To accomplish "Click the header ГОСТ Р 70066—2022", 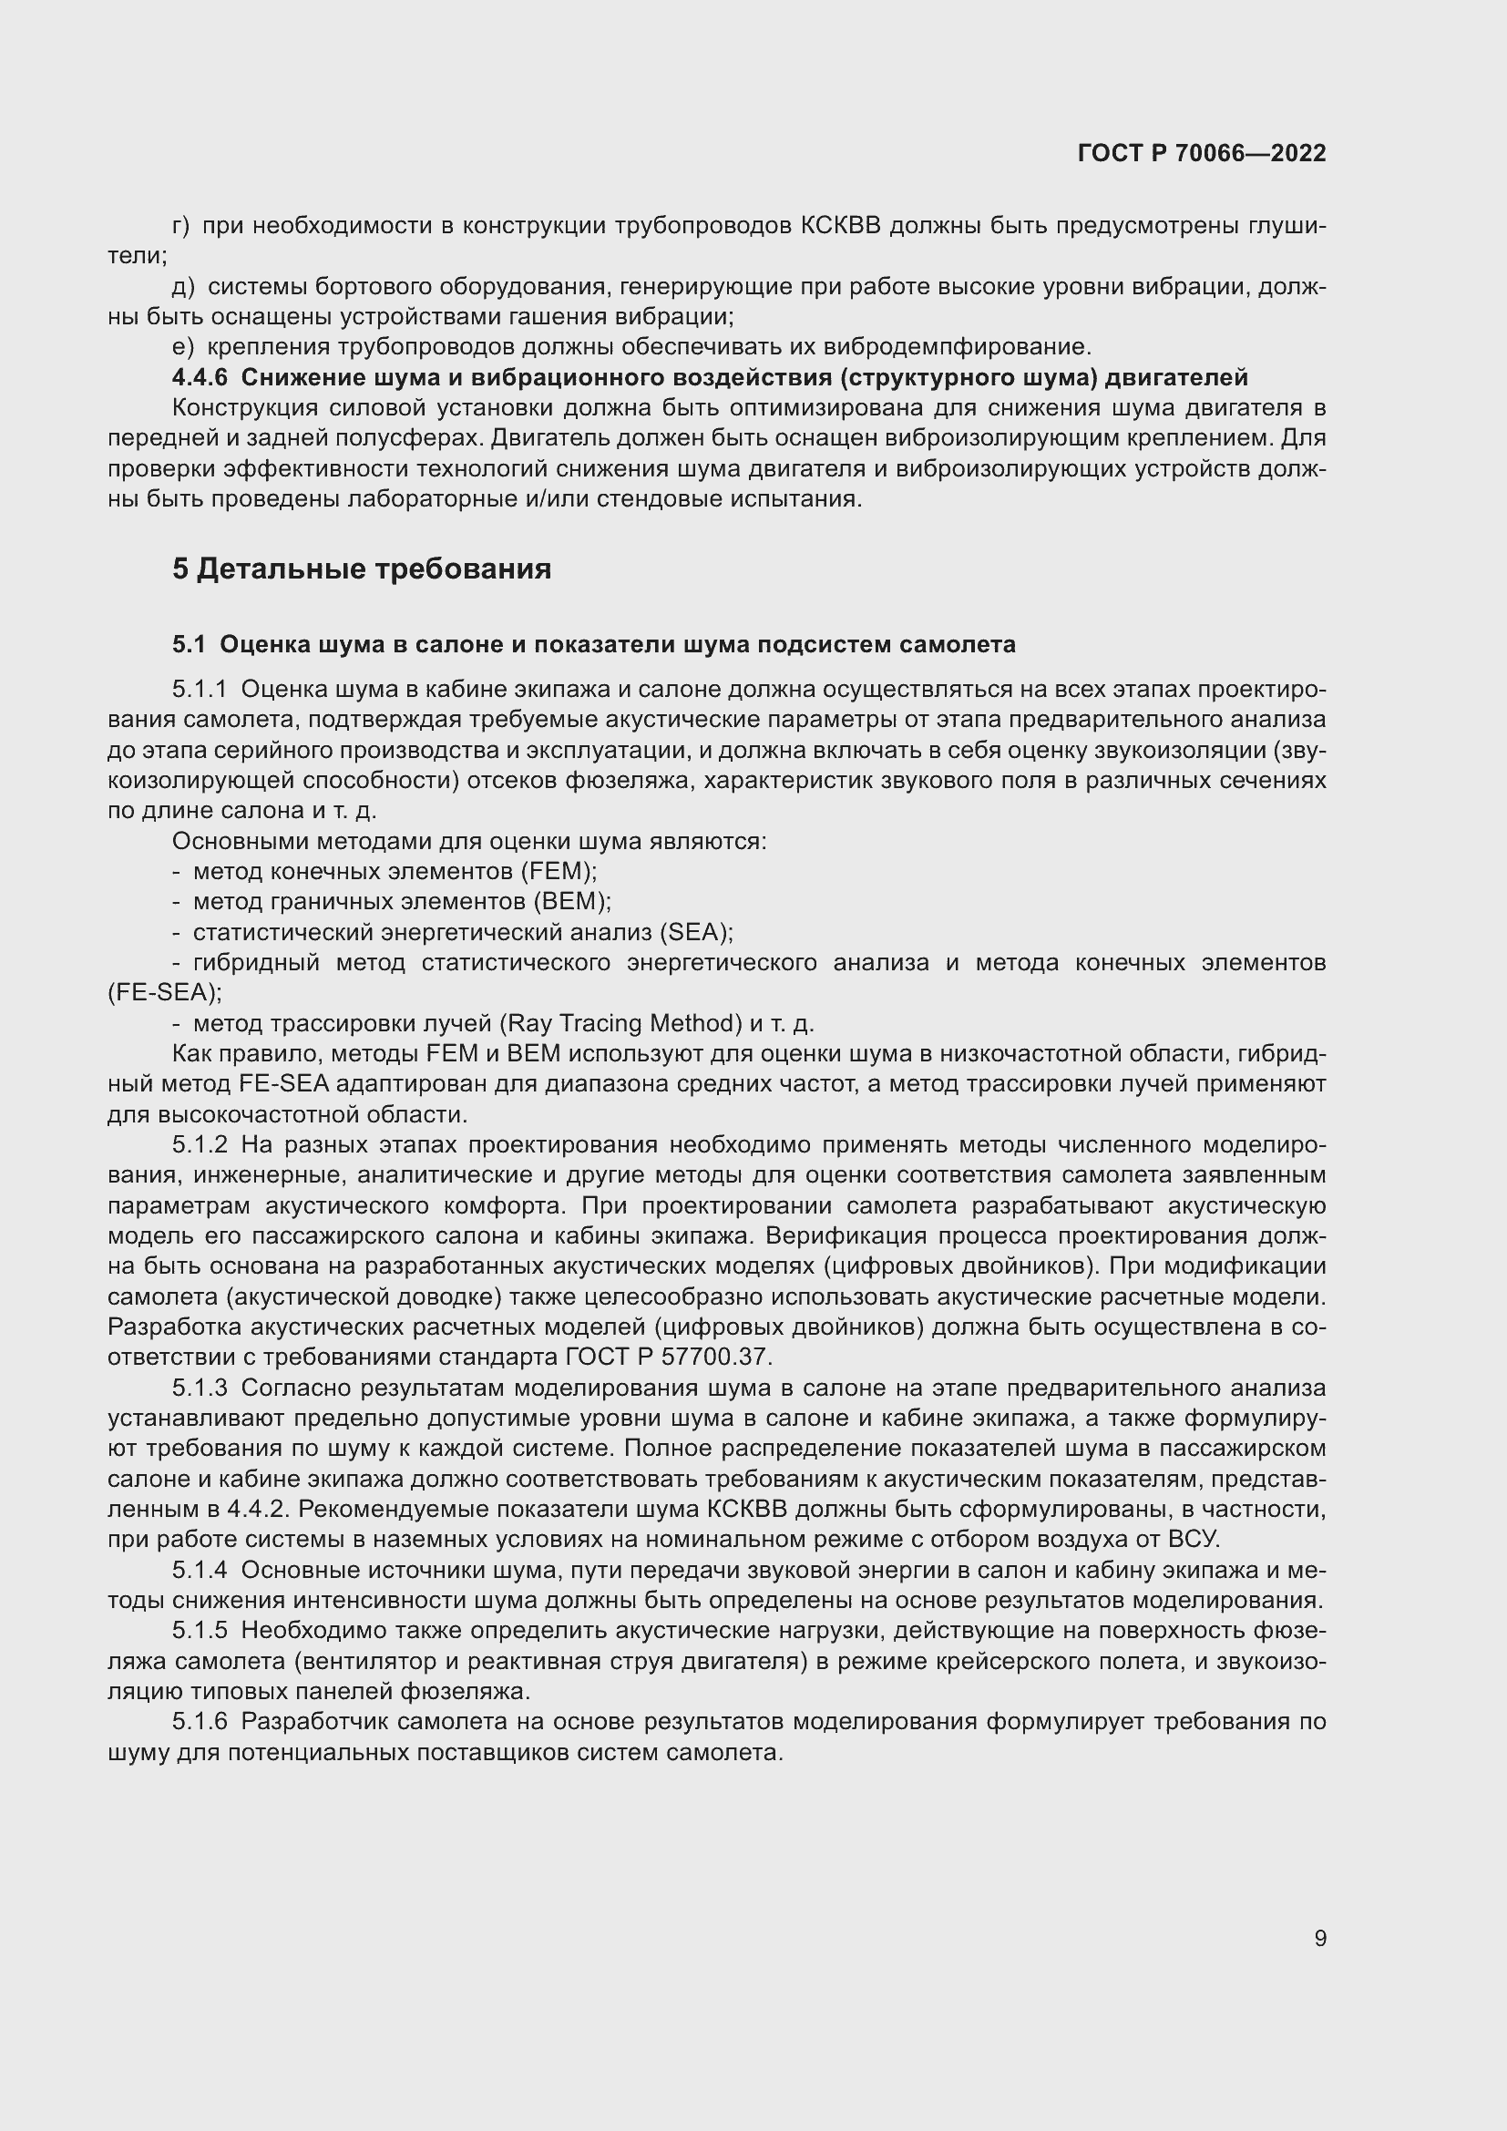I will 1202,153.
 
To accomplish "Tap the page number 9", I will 1319,1939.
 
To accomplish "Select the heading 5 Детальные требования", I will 361,568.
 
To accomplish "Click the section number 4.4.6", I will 200,378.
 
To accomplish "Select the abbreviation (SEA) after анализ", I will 694,932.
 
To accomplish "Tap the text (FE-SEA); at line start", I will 164,992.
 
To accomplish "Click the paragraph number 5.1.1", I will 200,690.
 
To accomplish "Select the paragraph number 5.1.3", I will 200,1388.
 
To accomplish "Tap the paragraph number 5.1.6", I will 200,1722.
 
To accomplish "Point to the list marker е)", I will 182,347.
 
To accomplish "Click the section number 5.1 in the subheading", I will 189,644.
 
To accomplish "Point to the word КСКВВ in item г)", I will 840,226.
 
